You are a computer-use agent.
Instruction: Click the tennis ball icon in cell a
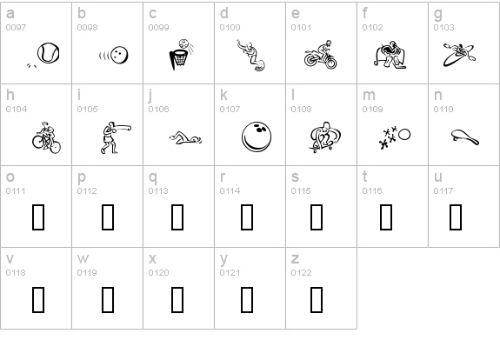click(x=48, y=53)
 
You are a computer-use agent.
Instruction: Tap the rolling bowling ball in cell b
click(x=120, y=55)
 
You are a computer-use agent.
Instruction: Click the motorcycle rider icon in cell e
click(x=320, y=55)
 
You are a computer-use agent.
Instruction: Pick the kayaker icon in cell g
click(x=459, y=55)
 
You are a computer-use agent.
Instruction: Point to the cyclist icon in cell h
click(x=46, y=137)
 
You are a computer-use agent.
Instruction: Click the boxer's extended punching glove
click(x=127, y=128)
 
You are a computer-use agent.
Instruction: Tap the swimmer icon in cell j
click(x=185, y=138)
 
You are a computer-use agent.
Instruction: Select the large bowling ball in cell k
click(x=257, y=137)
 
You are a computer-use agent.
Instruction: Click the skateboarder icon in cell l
click(x=325, y=137)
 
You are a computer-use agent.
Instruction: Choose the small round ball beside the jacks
click(x=404, y=135)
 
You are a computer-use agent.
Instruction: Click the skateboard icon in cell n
click(x=465, y=137)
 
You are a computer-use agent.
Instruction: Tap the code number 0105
click(x=87, y=110)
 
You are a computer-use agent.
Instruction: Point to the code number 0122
click(x=301, y=273)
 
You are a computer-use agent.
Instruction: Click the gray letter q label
click(x=153, y=177)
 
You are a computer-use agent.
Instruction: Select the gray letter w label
click(x=83, y=258)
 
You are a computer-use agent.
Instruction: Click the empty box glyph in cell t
click(x=386, y=217)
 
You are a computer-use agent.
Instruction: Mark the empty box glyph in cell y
click(x=247, y=299)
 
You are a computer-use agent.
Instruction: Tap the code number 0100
click(x=230, y=28)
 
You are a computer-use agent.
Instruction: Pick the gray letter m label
click(x=369, y=96)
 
